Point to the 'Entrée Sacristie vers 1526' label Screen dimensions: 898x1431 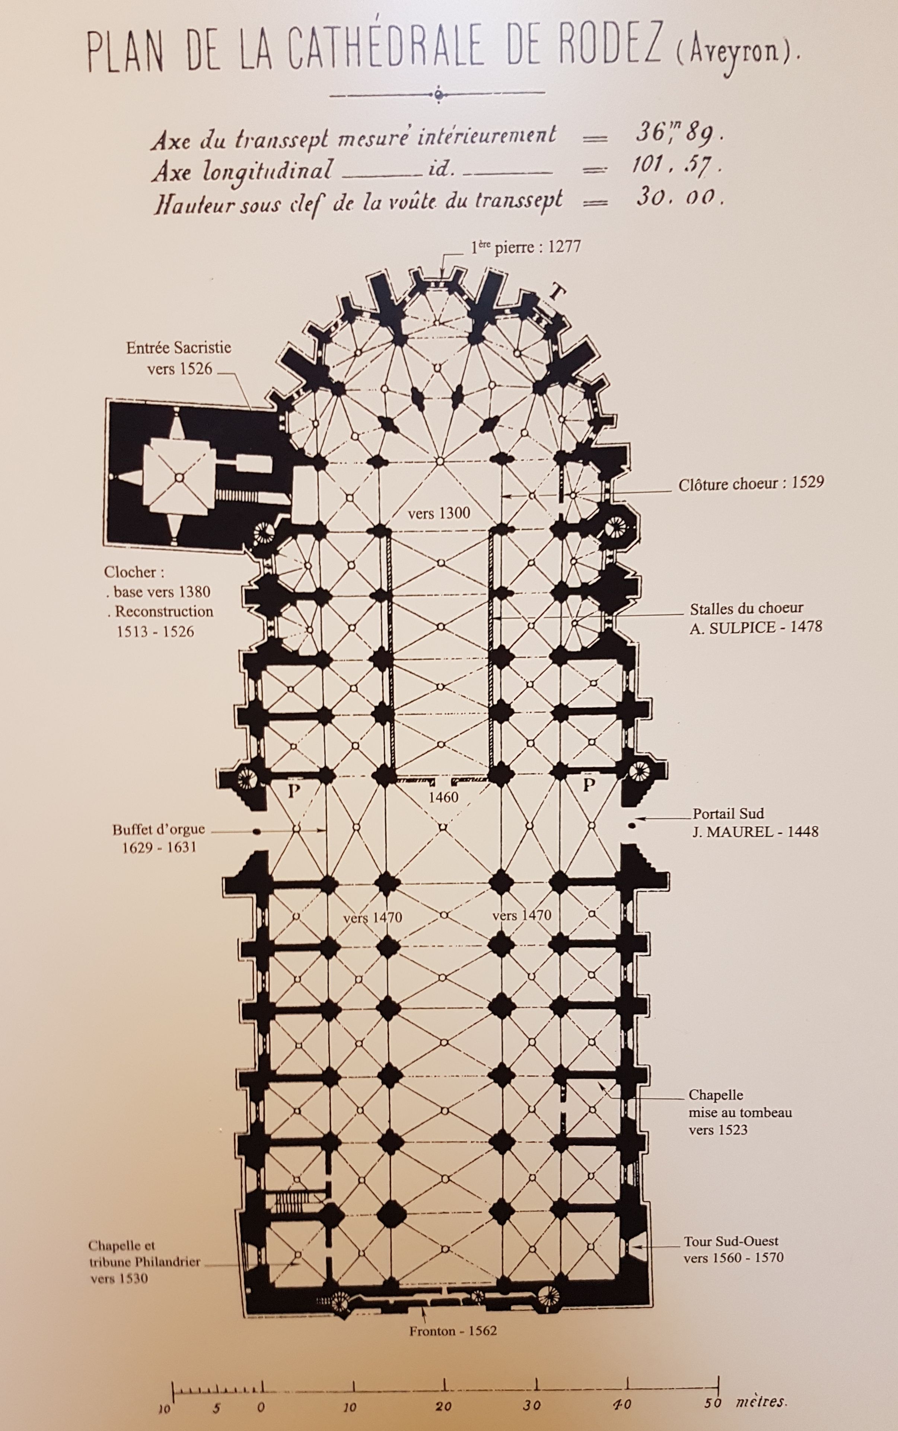pos(179,358)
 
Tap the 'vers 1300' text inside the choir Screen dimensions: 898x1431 pos(439,513)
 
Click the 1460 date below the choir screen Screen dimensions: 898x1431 pos(444,797)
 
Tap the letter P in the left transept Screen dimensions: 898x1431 pos(292,790)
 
